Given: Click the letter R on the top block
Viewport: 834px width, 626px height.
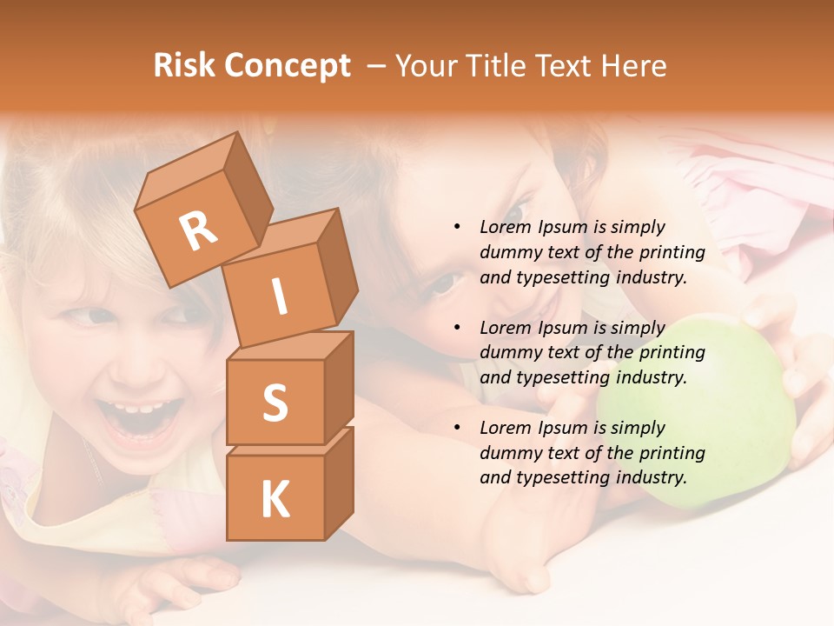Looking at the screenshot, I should pyautogui.click(x=199, y=230).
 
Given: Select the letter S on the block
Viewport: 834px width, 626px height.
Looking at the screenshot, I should pyautogui.click(x=275, y=403).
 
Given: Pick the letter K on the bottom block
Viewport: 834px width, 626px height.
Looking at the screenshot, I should pyautogui.click(x=275, y=500).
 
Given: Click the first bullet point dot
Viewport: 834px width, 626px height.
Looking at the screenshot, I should pyautogui.click(x=457, y=227).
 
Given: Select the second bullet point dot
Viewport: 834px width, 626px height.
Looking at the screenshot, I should pyautogui.click(x=457, y=328).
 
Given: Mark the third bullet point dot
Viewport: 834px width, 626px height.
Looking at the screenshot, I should pyautogui.click(x=457, y=428).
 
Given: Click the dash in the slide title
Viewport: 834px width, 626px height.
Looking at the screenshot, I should pyautogui.click(x=376, y=66).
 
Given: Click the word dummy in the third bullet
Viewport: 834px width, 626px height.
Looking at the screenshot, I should pyautogui.click(x=507, y=453).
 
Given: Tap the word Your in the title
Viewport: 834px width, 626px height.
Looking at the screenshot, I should pyautogui.click(x=427, y=66).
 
